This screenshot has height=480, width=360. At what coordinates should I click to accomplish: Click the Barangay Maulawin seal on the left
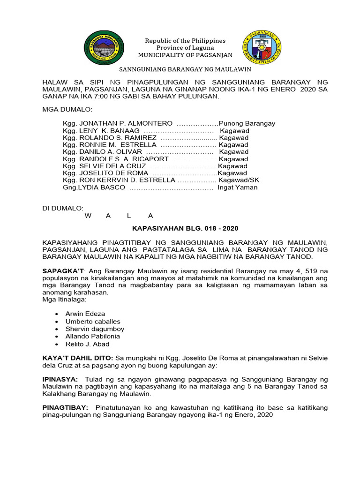[x=104, y=48]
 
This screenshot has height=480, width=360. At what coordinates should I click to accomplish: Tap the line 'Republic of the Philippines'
[x=185, y=41]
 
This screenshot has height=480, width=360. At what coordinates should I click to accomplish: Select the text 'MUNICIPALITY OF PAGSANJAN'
[x=185, y=55]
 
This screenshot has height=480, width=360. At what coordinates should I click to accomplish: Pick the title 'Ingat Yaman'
[x=237, y=187]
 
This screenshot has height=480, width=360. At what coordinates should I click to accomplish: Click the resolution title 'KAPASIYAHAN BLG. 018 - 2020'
[x=185, y=228]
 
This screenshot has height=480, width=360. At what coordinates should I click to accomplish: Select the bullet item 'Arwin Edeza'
[x=85, y=314]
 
